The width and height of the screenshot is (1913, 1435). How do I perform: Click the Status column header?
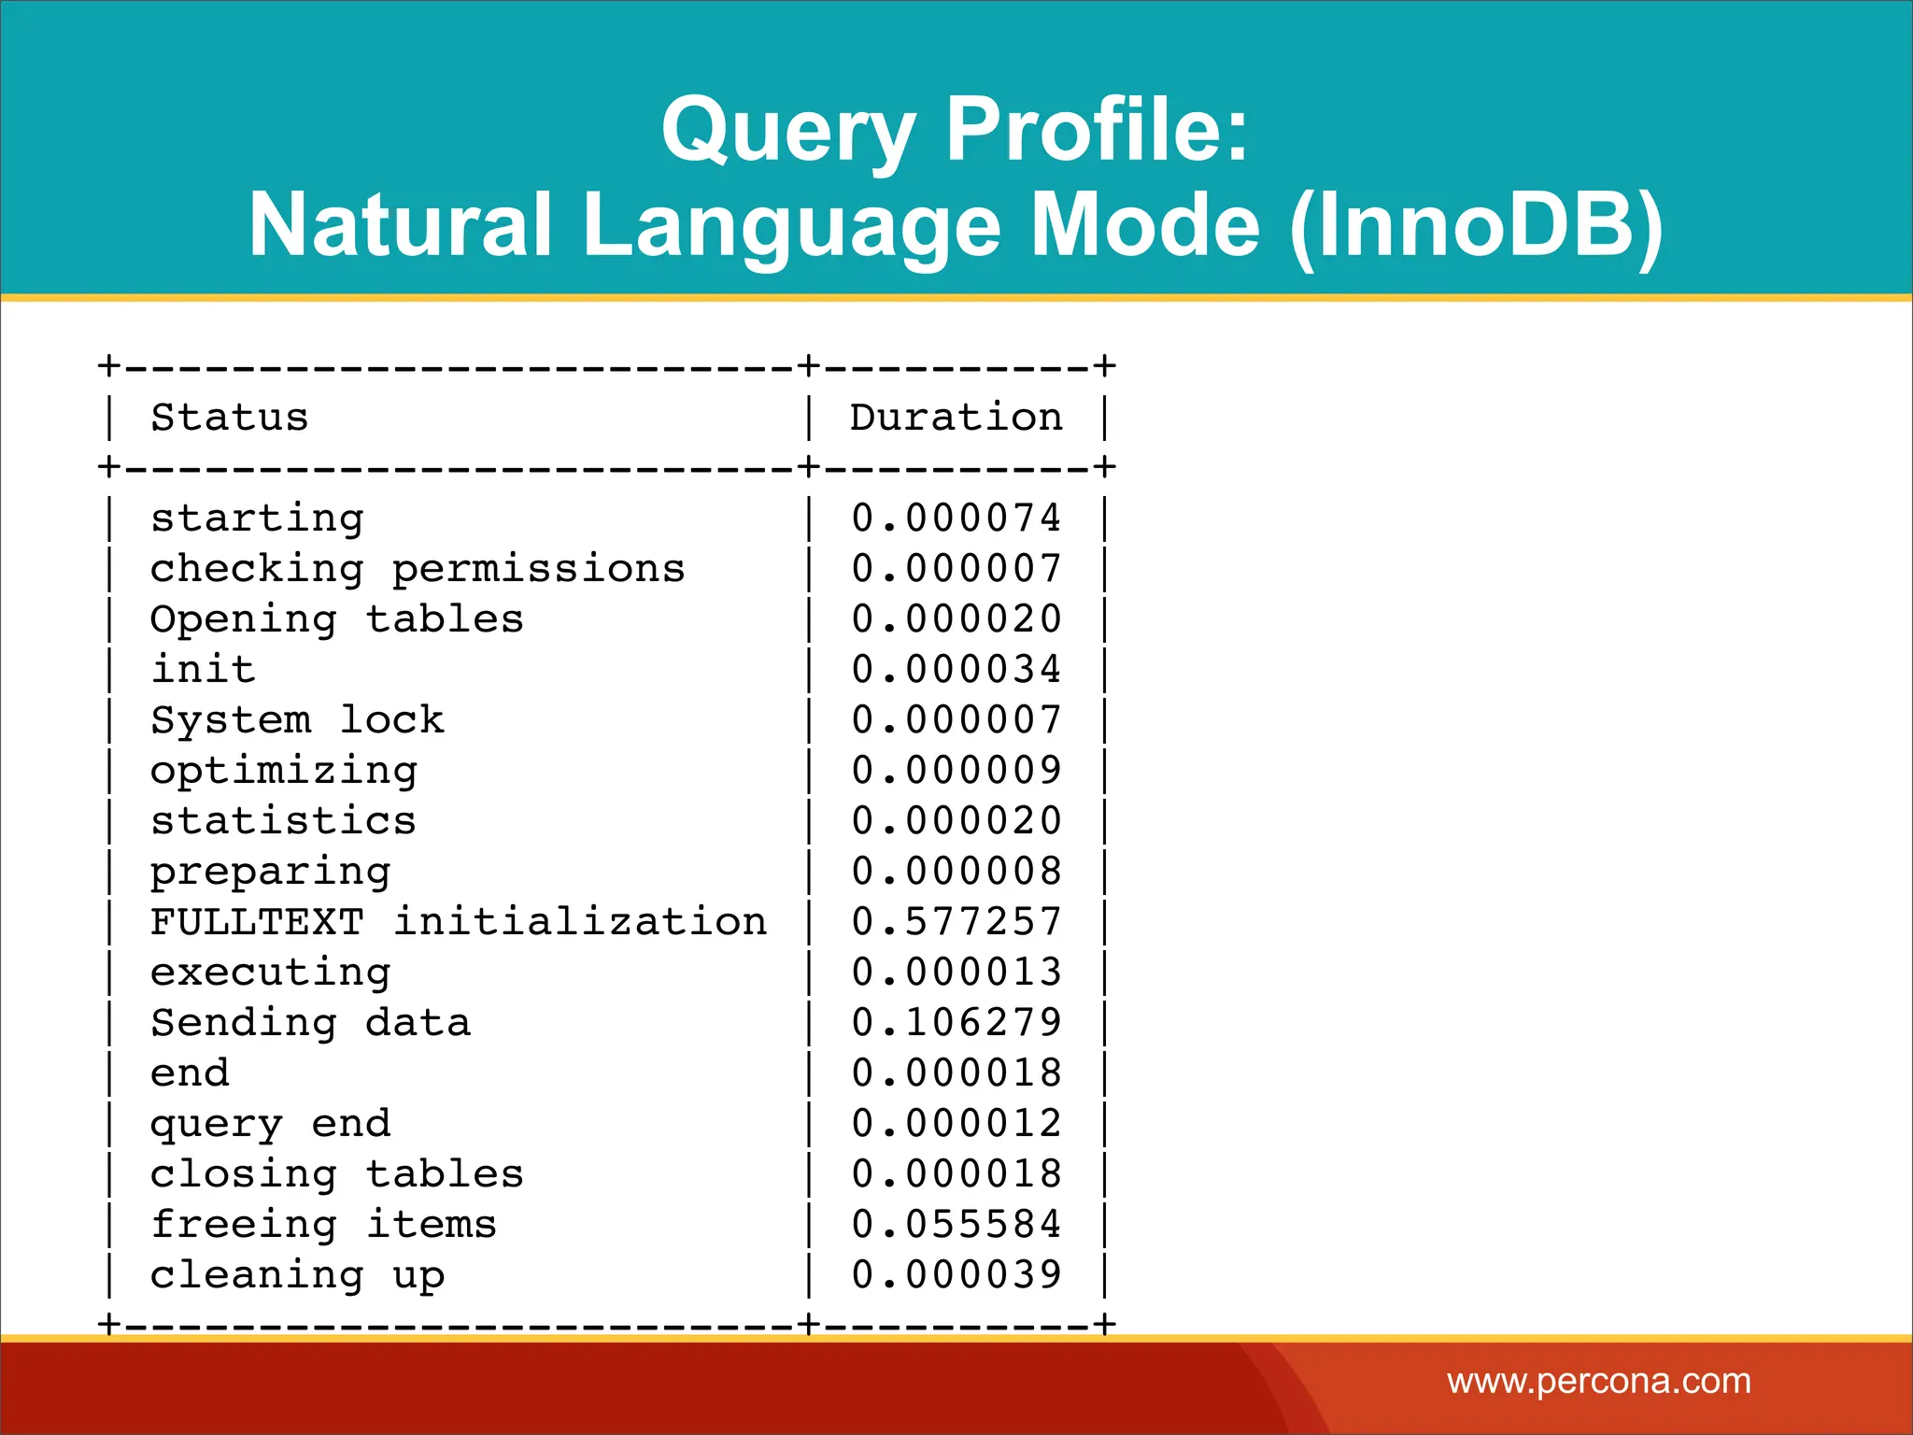point(230,417)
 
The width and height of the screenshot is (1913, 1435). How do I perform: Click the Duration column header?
point(956,417)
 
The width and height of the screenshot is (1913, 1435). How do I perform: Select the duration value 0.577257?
point(956,922)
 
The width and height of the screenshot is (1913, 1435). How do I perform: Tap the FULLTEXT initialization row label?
point(458,922)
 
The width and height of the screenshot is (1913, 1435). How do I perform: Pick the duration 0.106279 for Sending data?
point(956,1023)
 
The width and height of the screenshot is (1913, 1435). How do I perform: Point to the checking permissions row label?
point(418,569)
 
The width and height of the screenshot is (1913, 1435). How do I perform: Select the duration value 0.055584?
point(956,1225)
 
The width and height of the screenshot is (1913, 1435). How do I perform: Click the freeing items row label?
point(323,1225)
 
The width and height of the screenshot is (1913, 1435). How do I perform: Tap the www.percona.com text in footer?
point(1598,1381)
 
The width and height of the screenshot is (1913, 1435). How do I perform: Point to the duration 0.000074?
point(956,519)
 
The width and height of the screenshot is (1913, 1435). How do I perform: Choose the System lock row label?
point(297,720)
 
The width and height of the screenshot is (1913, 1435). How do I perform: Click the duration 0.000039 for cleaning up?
point(956,1275)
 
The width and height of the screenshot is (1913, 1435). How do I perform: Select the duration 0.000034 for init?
point(956,670)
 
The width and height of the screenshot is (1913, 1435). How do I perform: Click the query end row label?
point(270,1124)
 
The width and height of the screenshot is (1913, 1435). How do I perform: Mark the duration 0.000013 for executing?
point(956,973)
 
